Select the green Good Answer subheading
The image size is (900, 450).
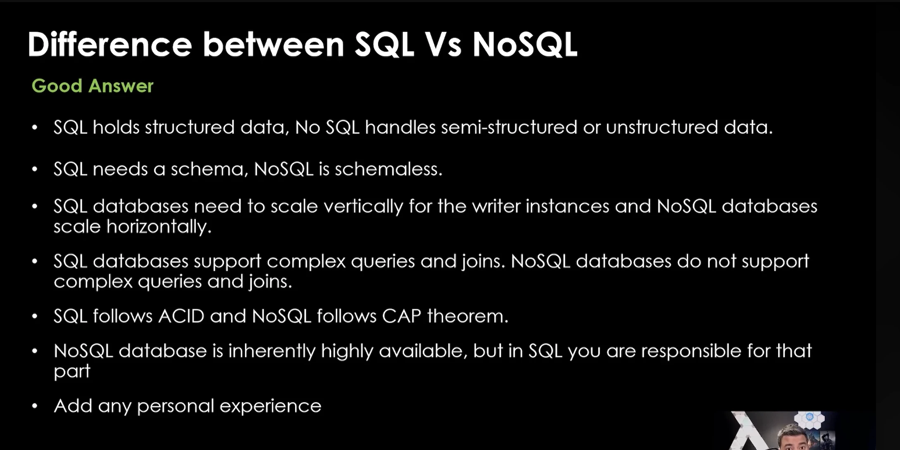click(93, 86)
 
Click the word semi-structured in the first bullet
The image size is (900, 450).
click(509, 127)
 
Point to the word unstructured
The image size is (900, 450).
click(662, 127)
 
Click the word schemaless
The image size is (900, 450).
click(388, 169)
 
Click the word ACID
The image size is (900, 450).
click(181, 316)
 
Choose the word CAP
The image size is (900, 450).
click(402, 316)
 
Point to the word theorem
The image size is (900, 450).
click(468, 316)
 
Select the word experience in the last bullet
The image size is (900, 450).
click(271, 406)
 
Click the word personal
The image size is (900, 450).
click(176, 406)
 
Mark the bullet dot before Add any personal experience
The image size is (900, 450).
click(35, 406)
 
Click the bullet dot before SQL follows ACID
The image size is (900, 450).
click(35, 317)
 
